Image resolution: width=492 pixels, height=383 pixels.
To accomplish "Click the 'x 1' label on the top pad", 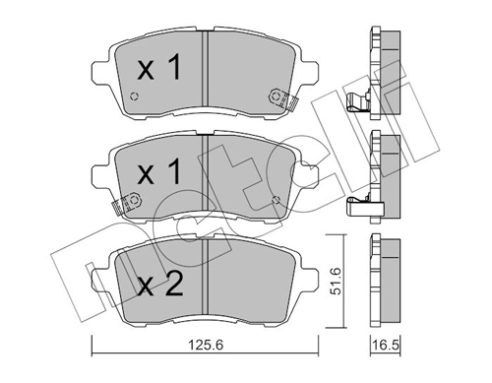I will click(158, 69).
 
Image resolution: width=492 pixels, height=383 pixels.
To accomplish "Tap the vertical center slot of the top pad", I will click(202, 69).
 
